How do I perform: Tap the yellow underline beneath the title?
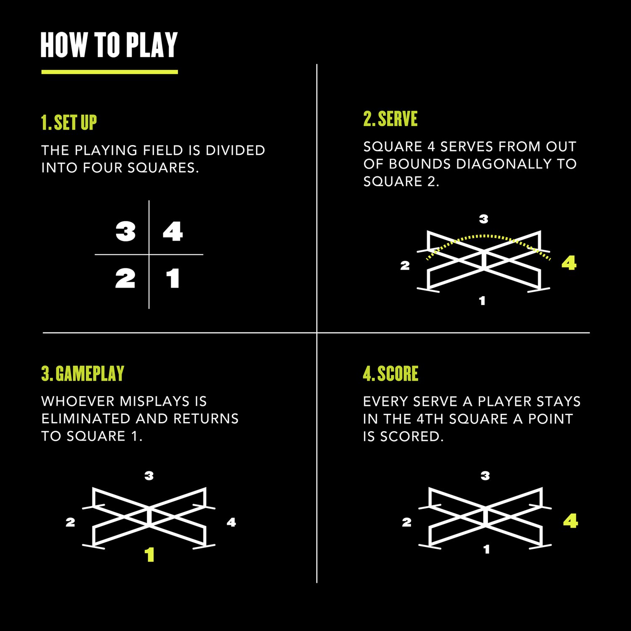click(109, 72)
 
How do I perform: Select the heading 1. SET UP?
click(69, 123)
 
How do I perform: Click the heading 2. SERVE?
click(390, 119)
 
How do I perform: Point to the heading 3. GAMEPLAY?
click(83, 374)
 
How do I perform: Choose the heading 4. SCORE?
click(390, 374)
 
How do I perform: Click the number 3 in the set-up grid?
click(125, 231)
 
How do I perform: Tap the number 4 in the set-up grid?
click(173, 231)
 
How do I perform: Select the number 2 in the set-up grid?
click(125, 278)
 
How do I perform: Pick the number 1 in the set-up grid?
click(173, 278)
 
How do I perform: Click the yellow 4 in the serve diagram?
click(569, 263)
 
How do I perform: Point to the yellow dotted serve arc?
click(484, 237)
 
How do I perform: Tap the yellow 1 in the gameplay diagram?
click(149, 555)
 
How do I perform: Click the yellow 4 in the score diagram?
click(570, 521)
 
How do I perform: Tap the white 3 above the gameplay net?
click(149, 476)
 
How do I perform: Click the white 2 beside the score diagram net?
click(406, 522)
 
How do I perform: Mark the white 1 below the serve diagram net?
click(482, 301)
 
